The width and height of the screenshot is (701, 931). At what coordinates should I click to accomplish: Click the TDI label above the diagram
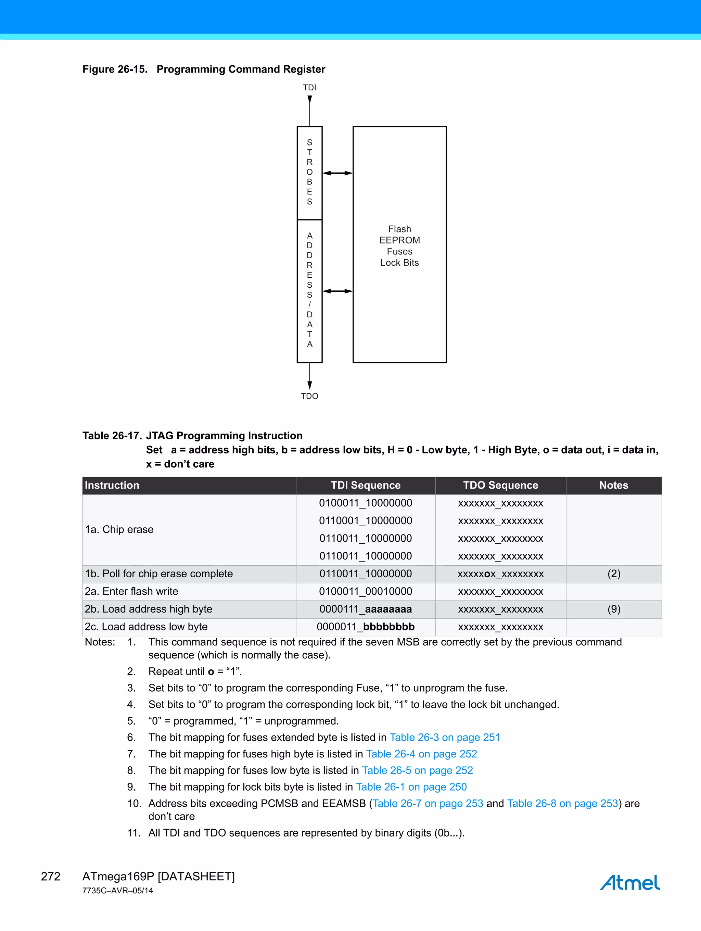309,88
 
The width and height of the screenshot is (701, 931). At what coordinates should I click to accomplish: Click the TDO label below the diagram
309,396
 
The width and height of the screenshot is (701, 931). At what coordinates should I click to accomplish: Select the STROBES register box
309,173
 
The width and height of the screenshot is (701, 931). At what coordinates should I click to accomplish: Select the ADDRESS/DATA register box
309,290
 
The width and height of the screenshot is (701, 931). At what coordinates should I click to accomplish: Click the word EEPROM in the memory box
399,240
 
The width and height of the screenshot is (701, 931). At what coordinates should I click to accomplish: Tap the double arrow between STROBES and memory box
337,173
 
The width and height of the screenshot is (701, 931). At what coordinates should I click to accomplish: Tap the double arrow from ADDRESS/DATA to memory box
337,291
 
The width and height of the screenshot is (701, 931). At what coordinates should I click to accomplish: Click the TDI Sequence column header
365,485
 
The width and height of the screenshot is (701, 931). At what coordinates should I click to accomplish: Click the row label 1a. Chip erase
119,529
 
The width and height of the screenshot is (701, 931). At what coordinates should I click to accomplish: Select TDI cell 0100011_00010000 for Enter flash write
365,591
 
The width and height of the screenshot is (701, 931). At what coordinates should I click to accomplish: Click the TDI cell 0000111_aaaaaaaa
365,609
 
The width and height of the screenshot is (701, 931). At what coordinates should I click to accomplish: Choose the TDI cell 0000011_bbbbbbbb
365,627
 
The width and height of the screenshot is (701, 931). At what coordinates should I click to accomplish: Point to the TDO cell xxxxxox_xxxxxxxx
500,574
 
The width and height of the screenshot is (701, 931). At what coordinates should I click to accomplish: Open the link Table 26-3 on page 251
445,738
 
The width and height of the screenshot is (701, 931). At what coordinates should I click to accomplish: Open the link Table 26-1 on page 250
411,787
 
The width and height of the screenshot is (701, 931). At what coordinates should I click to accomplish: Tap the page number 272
51,877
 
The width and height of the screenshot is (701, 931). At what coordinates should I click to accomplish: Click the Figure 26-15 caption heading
204,70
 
